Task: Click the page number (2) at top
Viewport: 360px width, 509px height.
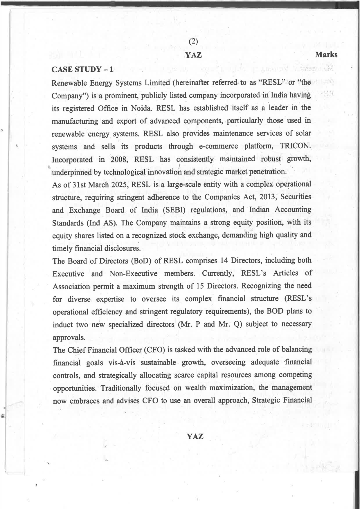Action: click(193, 42)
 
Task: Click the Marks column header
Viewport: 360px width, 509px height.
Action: click(326, 55)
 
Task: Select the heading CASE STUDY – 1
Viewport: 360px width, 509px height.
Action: click(82, 69)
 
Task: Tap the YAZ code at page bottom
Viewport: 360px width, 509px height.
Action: click(195, 436)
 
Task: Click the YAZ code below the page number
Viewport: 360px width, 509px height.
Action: click(194, 55)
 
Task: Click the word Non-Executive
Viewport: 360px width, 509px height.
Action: click(133, 274)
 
